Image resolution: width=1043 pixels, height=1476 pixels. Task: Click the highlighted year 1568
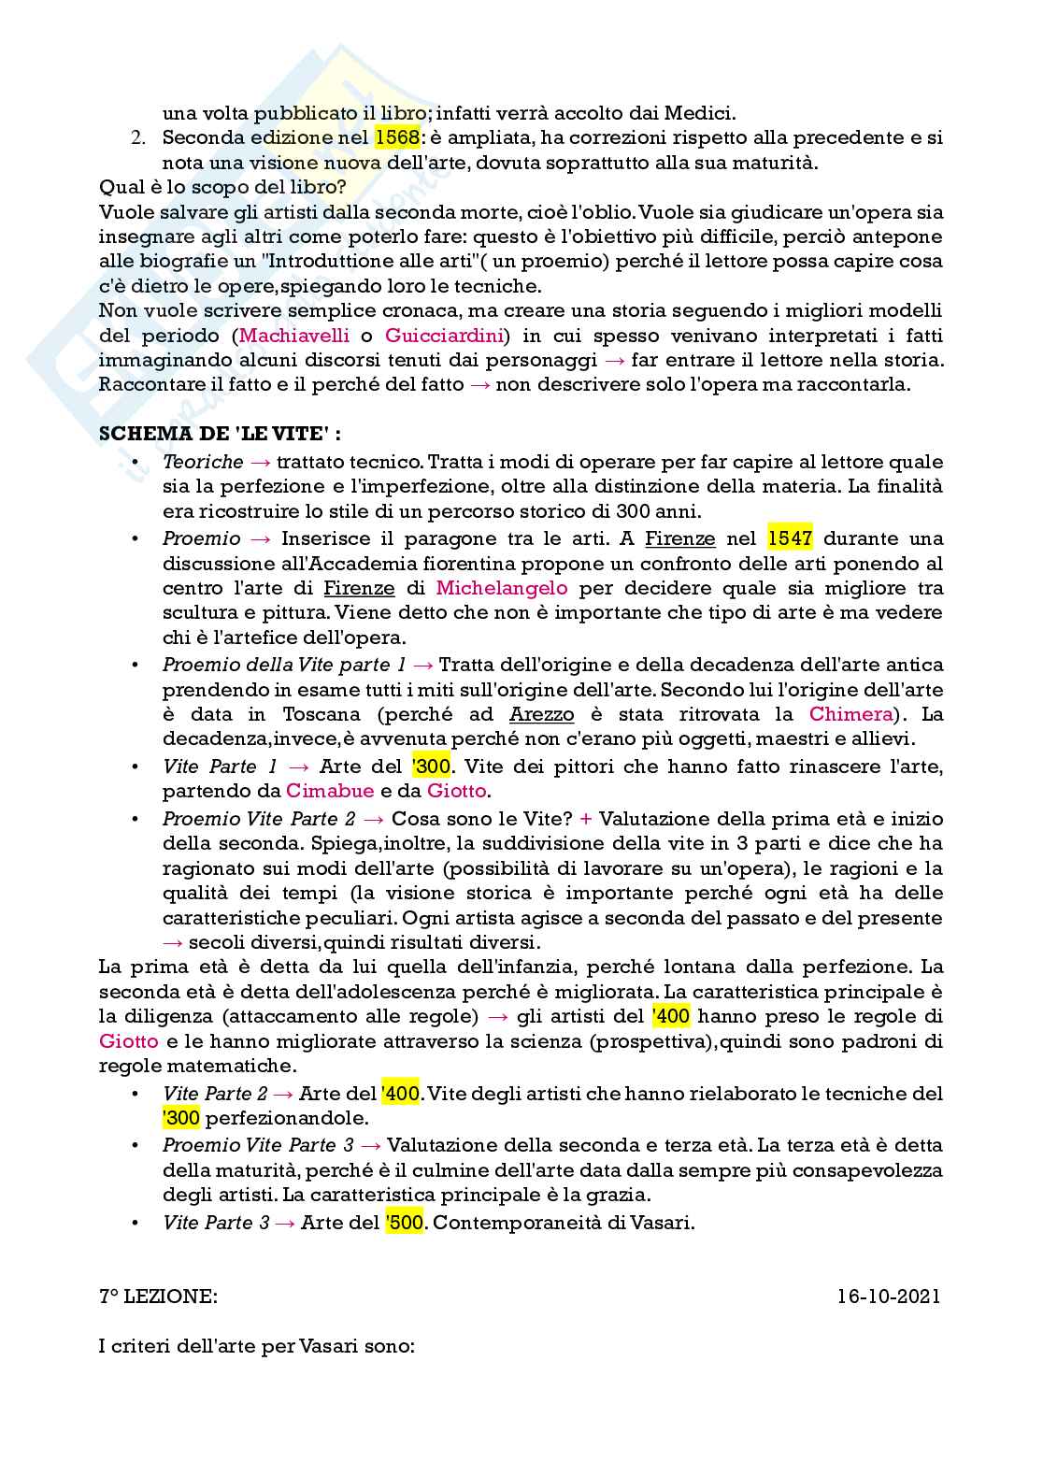[x=396, y=138]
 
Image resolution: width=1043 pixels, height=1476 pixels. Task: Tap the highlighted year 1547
[x=790, y=538]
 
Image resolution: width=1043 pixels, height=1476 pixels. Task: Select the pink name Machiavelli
[x=294, y=336]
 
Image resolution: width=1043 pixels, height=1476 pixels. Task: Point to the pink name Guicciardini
[x=444, y=336]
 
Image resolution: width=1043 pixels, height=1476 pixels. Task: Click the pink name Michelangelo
[x=502, y=588]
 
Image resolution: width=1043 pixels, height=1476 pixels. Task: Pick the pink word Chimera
[x=850, y=714]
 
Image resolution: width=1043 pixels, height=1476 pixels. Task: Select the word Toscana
[x=321, y=714]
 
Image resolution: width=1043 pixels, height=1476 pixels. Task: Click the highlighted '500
[x=405, y=1223]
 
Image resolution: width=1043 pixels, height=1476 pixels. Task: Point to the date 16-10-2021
[x=889, y=1297]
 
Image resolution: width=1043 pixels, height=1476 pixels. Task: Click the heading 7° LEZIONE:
[x=158, y=1297]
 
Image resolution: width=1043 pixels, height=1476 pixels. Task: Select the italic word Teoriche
[x=203, y=462]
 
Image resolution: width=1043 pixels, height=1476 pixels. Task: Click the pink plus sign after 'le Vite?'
[x=586, y=819]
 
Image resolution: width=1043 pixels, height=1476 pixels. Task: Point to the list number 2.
[x=137, y=138]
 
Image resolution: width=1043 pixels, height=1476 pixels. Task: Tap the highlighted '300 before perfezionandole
[x=181, y=1118]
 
